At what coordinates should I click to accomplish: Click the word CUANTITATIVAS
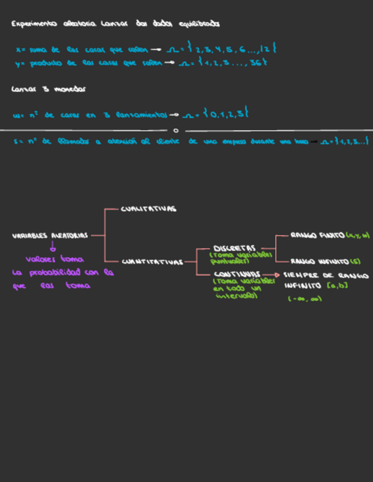(x=152, y=262)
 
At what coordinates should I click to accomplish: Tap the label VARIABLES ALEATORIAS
(x=50, y=235)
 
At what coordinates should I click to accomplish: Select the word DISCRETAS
(x=234, y=248)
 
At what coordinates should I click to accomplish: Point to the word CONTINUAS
(x=237, y=274)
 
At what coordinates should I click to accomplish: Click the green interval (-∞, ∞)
(x=305, y=299)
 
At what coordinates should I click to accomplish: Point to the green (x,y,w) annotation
(x=358, y=235)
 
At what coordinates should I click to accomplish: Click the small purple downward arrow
(x=52, y=247)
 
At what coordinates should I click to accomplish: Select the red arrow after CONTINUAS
(x=273, y=274)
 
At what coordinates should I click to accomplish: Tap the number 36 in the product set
(x=255, y=63)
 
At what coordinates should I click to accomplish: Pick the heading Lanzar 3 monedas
(x=48, y=89)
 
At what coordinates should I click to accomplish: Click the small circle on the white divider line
(x=176, y=130)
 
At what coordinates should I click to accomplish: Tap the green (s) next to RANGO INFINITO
(x=355, y=262)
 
